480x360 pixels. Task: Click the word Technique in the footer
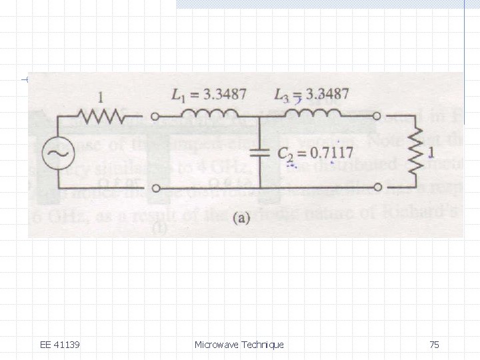click(x=262, y=345)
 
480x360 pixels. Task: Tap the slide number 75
click(x=434, y=345)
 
